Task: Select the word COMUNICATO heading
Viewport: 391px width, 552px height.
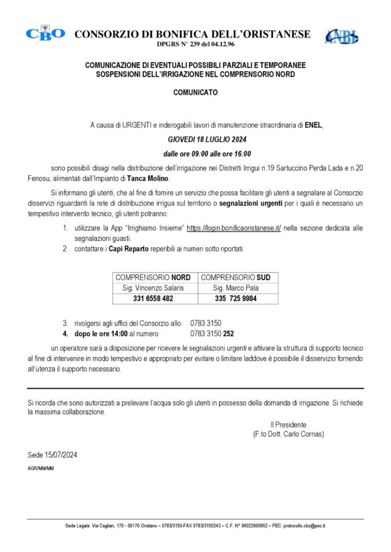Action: click(195, 93)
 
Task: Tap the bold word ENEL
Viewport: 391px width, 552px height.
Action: click(313, 125)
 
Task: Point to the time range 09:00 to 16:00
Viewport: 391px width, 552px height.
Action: click(207, 154)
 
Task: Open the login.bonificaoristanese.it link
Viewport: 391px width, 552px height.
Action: click(234, 227)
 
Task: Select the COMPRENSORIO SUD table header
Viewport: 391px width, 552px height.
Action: click(236, 277)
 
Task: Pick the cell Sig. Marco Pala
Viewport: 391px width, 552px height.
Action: click(236, 288)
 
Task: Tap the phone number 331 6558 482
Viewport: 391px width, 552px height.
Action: click(153, 299)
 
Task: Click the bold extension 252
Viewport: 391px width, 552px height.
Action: click(228, 334)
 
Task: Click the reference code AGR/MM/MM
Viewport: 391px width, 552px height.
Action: click(41, 468)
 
